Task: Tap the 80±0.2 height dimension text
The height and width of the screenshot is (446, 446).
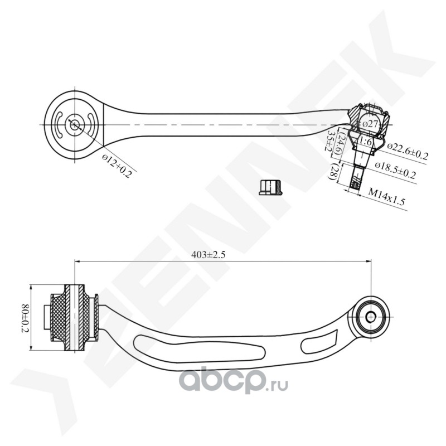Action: click(25, 318)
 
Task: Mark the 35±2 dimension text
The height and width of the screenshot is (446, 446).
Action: click(331, 142)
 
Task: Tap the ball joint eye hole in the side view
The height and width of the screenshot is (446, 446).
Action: click(371, 317)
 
